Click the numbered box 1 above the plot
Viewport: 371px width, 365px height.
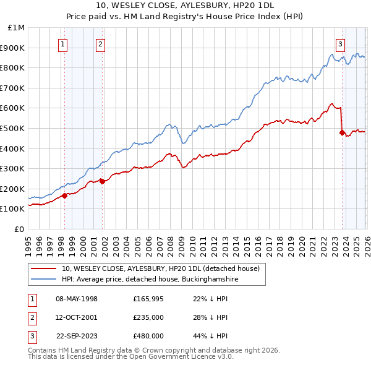coord(64,43)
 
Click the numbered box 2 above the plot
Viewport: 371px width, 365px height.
coord(101,43)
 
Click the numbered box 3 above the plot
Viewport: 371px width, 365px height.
coord(341,43)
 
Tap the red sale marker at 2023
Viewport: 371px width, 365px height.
coord(342,132)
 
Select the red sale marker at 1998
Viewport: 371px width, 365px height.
coord(64,195)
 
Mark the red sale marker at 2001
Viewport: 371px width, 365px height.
coord(102,181)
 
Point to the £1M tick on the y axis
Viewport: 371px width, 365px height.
coord(15,28)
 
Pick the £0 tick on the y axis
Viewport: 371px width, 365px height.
coord(19,229)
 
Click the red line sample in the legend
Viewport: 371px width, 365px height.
coord(45,268)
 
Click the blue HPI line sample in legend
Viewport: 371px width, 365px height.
coord(45,279)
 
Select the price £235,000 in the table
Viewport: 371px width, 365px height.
coord(148,317)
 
